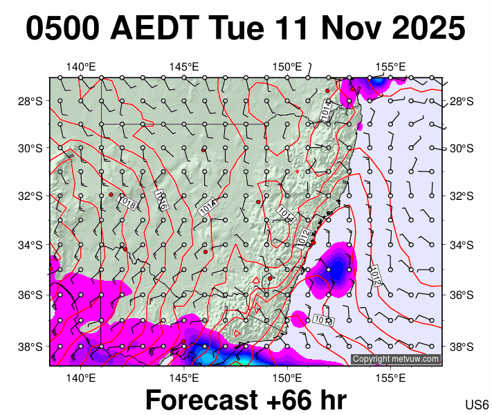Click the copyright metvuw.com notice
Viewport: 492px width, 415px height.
395,359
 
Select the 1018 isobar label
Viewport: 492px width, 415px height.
127,203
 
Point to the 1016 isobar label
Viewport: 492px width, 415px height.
162,200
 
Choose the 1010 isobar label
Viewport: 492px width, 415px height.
322,320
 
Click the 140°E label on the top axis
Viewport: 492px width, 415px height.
81,67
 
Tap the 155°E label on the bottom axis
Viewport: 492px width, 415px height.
391,378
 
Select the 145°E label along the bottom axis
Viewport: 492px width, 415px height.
184,378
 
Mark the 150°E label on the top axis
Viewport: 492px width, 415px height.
287,67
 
